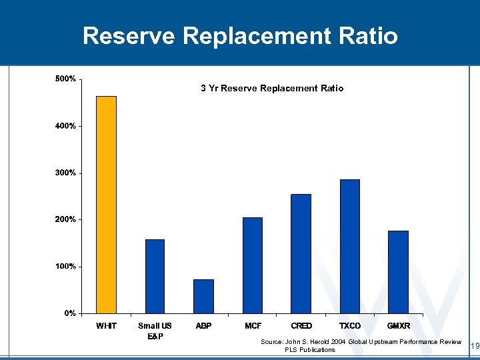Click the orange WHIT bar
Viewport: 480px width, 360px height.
pos(106,205)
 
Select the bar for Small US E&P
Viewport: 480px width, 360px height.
pos(155,276)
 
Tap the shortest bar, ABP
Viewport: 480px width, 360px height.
pos(203,296)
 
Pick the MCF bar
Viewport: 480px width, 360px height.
pos(253,265)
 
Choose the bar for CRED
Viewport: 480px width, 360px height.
pos(301,253)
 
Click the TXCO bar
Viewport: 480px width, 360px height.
pos(349,246)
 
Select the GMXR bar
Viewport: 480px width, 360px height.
pos(398,272)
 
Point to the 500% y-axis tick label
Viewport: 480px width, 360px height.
pos(65,79)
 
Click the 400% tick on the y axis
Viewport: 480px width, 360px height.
pos(65,126)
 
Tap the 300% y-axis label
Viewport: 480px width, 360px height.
pos(65,173)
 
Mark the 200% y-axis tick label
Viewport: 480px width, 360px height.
pos(65,219)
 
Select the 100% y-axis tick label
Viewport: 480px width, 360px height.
pos(65,266)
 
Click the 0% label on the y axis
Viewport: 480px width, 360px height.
pos(68,313)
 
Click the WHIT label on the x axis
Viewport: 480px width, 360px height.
pos(106,326)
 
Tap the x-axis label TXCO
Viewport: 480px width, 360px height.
pos(349,326)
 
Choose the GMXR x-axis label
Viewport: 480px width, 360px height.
pos(398,326)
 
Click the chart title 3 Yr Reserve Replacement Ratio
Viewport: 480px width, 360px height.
pos(272,88)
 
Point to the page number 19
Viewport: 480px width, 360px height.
pos(475,345)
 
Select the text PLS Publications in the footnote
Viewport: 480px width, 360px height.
pos(310,350)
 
